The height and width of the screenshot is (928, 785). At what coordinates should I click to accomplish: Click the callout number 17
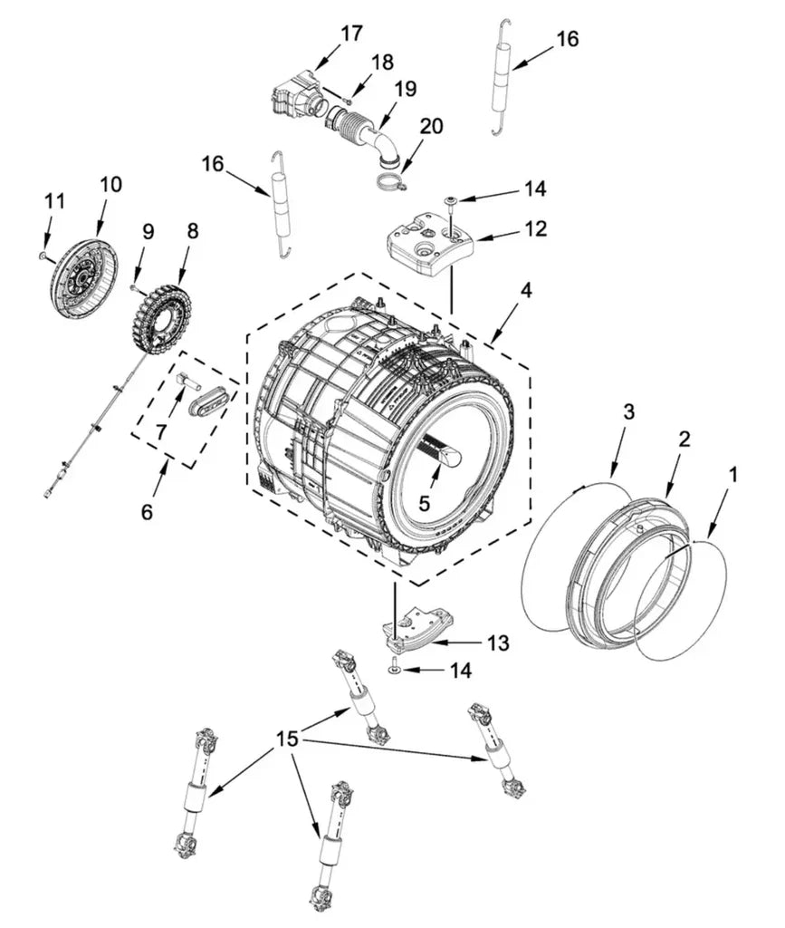pos(351,34)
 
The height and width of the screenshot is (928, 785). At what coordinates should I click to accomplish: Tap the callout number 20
pos(431,127)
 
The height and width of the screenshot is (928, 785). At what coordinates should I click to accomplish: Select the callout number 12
pos(535,228)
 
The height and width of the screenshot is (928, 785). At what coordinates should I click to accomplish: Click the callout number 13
pos(498,643)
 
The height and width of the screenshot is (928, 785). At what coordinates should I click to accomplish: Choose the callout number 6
pos(148,512)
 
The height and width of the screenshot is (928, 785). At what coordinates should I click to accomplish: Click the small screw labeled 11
pos(43,256)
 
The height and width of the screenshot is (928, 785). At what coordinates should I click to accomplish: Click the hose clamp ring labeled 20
pos(388,182)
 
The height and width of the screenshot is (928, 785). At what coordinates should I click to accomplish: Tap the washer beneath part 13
pos(396,670)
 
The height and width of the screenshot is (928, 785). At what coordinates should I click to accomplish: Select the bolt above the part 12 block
pos(450,201)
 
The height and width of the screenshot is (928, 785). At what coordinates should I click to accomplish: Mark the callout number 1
pos(733,474)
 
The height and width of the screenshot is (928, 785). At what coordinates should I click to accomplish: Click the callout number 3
pos(627,412)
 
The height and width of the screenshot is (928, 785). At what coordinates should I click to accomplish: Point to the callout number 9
pos(148,232)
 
